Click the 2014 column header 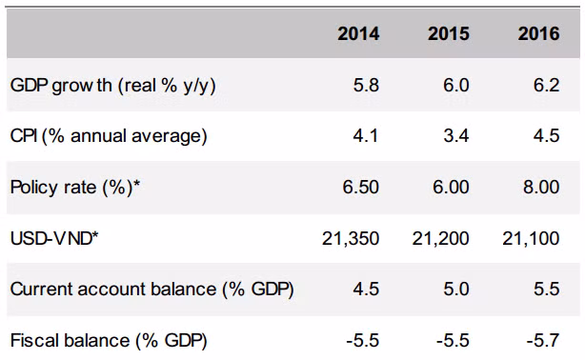[358, 33]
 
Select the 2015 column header [449, 33]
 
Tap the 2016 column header [538, 33]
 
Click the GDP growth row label [113, 86]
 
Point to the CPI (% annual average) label [109, 136]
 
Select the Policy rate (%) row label [75, 187]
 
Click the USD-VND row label [54, 238]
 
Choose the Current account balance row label [152, 290]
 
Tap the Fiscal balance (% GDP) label [109, 341]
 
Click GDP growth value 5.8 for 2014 [367, 86]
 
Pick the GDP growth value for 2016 [547, 86]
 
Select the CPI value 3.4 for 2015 [456, 136]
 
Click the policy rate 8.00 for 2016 [541, 187]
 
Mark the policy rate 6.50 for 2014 [361, 187]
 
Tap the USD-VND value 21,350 [351, 239]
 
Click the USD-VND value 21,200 [440, 239]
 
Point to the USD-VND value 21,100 [531, 239]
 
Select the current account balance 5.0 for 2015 [456, 290]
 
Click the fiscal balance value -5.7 [543, 341]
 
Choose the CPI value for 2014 [366, 136]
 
